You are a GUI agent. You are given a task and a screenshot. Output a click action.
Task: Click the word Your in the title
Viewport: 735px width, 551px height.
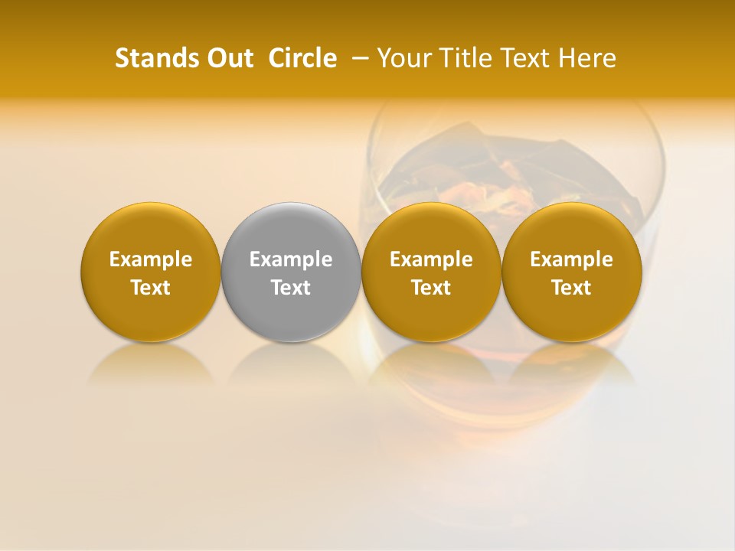pos(402,58)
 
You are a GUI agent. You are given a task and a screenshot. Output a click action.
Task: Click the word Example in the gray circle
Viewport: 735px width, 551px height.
pos(291,259)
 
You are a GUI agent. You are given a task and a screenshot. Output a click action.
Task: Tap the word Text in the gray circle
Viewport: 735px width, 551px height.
pos(291,288)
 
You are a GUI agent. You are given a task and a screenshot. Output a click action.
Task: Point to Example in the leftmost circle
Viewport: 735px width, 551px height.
pos(150,259)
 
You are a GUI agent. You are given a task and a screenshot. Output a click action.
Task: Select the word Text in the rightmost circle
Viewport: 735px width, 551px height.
pos(572,288)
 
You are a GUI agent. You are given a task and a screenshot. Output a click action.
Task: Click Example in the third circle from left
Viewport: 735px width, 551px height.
pos(431,259)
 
